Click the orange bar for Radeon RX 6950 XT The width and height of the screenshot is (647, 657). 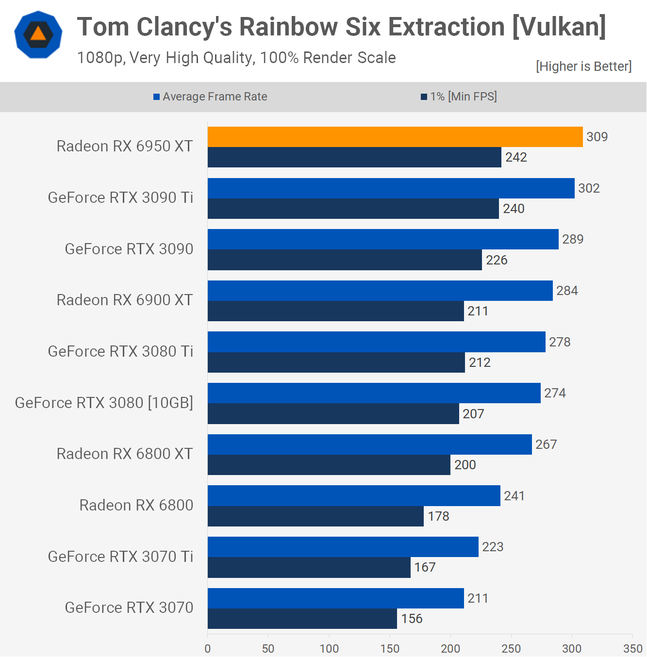coord(395,137)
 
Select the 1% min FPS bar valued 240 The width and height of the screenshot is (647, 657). coord(353,209)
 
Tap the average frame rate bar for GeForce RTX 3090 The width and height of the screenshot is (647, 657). coord(383,239)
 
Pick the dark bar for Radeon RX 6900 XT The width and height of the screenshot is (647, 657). coord(335,311)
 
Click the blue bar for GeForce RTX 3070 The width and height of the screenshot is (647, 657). coord(335,598)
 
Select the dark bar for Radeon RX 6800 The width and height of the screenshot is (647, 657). coord(315,516)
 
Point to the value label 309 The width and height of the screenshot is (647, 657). coord(597,137)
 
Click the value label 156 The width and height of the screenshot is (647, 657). coord(412,619)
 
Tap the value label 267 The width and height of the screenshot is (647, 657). coord(546,444)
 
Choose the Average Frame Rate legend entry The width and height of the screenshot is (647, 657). coord(210,97)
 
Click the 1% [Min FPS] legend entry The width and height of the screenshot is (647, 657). coord(459,97)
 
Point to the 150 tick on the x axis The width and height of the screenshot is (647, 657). coord(390,648)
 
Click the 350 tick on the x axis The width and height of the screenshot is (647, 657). coord(633,648)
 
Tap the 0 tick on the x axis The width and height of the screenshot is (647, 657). coord(208,648)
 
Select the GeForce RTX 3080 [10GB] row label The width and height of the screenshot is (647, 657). coord(104,403)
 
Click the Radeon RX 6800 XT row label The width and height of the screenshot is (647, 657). coord(125,454)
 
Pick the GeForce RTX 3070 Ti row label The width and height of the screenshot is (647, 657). coord(120,557)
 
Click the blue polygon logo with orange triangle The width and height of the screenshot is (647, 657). coord(38,34)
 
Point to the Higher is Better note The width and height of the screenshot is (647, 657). coord(583,66)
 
